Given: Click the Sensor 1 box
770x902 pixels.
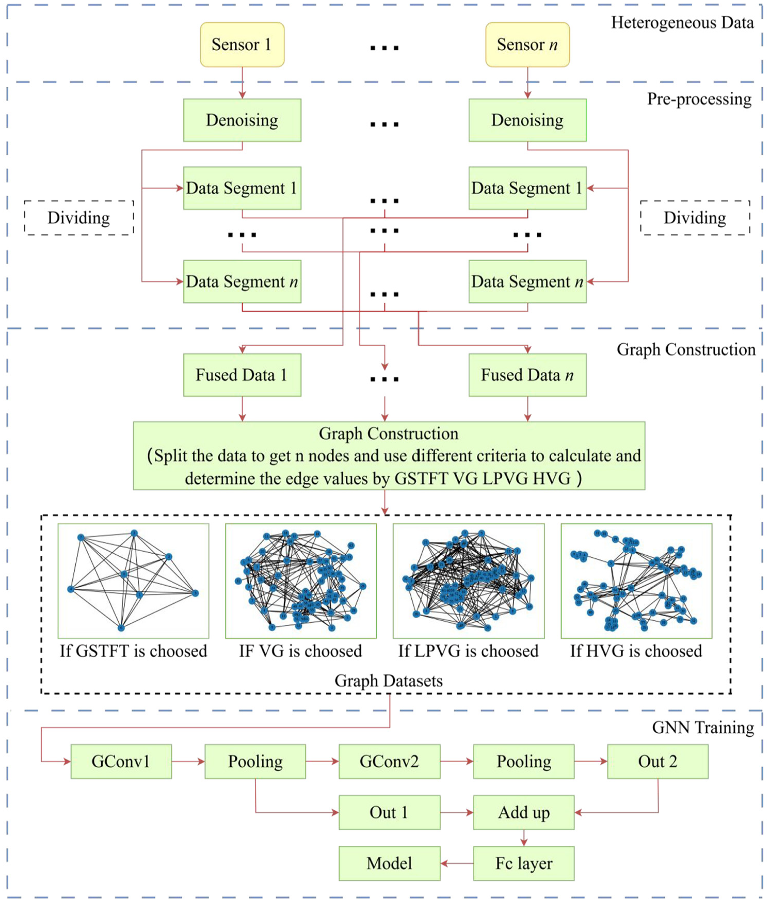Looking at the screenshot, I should [242, 44].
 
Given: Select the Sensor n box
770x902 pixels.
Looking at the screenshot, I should [527, 44].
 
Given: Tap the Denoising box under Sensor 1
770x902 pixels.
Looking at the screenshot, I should [242, 120].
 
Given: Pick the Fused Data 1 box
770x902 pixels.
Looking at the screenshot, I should [242, 375].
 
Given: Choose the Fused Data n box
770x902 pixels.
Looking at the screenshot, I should [527, 375].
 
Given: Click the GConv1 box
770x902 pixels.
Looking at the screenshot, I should [121, 762].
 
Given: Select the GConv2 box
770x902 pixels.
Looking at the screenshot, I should [389, 762].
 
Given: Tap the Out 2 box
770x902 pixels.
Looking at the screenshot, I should [657, 762].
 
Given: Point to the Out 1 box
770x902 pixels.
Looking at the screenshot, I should [389, 813].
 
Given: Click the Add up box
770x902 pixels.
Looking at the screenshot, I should [523, 813].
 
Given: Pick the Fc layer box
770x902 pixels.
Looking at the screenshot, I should [523, 863].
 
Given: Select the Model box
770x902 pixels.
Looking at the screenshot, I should [389, 863].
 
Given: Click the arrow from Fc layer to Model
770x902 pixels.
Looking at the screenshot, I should [457, 863].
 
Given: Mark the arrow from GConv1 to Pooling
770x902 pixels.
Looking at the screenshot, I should [188, 762].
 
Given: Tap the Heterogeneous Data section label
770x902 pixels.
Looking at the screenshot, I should [682, 23].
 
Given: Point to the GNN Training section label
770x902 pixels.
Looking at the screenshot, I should [703, 728].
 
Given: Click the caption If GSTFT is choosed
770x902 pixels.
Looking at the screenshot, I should [133, 651].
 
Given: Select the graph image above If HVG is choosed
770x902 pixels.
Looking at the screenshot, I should [636, 581].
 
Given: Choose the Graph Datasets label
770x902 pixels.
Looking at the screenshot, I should [389, 681].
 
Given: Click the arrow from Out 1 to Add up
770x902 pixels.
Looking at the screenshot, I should [457, 813].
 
